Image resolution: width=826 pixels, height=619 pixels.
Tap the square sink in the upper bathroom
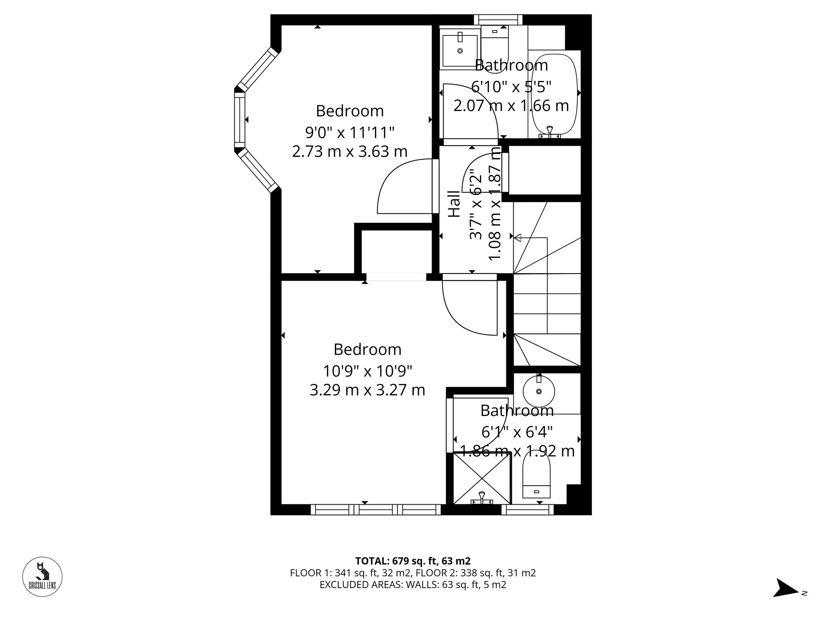[x=460, y=50]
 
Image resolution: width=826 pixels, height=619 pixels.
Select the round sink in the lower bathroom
[x=539, y=391]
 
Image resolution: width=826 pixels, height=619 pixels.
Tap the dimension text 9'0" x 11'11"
[x=350, y=133]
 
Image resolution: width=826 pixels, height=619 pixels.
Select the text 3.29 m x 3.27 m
[x=367, y=390]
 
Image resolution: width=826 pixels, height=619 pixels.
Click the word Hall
[x=454, y=204]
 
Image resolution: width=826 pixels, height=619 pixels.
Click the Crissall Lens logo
[x=42, y=576]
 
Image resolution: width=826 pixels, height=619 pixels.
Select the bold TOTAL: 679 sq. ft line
[x=413, y=561]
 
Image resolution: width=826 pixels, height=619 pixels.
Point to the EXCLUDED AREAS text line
[x=413, y=585]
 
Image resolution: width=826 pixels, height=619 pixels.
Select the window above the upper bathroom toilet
[x=498, y=20]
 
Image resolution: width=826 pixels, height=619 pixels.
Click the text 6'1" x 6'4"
[x=517, y=432]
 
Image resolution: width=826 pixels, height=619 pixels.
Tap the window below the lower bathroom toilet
[x=527, y=510]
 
